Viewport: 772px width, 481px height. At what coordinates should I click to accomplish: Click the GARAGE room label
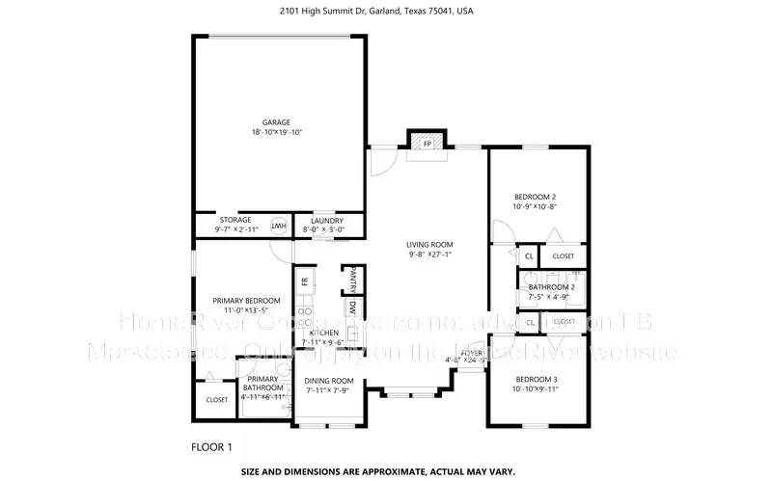tap(276, 122)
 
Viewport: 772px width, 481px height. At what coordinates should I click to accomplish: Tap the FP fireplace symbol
tap(427, 144)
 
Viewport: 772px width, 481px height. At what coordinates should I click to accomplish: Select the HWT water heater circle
tap(278, 226)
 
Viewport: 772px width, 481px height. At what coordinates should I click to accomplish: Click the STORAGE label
tap(235, 220)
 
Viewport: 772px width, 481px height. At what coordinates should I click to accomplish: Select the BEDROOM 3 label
tap(536, 379)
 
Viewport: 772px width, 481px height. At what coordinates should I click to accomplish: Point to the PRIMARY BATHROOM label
tap(263, 384)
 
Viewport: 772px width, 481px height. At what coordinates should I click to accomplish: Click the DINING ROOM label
tap(330, 381)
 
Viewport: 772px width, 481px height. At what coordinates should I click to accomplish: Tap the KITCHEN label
tap(324, 332)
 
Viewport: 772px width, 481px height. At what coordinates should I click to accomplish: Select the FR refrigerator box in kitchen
tap(304, 281)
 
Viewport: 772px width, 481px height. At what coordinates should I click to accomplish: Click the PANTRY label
tap(354, 279)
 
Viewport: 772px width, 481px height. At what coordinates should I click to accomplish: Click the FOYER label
tap(471, 354)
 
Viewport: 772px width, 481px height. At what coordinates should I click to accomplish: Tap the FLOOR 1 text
tap(212, 447)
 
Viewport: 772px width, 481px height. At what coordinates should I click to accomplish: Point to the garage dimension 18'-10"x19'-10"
tap(276, 132)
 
